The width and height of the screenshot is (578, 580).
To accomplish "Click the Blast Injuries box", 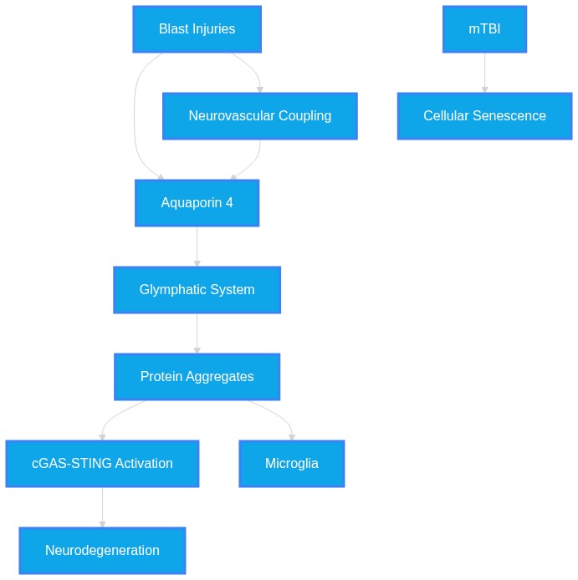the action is (x=197, y=29).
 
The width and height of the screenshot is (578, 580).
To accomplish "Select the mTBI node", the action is (x=484, y=29).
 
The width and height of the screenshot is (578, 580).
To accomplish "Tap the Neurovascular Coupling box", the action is (x=260, y=116).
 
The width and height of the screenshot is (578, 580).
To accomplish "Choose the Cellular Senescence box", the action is (x=484, y=116).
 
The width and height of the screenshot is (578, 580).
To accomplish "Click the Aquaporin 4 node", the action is (x=197, y=203).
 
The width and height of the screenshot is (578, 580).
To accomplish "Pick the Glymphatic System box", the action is (x=197, y=290).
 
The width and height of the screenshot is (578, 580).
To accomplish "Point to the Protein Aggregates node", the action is (x=197, y=377).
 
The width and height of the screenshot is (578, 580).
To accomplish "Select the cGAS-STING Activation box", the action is (x=102, y=464).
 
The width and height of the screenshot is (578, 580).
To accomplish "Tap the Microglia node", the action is (x=292, y=464).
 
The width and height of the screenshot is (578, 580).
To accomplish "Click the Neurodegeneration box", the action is (x=102, y=551).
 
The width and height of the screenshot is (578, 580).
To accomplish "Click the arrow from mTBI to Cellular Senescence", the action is (x=484, y=73).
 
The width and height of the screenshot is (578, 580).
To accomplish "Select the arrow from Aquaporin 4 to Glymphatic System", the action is (x=197, y=247).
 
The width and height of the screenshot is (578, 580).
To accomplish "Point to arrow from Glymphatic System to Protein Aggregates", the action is (x=197, y=333).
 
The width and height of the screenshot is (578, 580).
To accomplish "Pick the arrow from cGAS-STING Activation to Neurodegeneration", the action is (x=102, y=507).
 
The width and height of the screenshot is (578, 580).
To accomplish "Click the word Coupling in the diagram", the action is (x=304, y=116).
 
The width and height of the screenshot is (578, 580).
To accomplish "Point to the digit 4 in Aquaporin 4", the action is (x=229, y=203).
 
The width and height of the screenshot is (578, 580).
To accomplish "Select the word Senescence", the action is (x=509, y=116).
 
